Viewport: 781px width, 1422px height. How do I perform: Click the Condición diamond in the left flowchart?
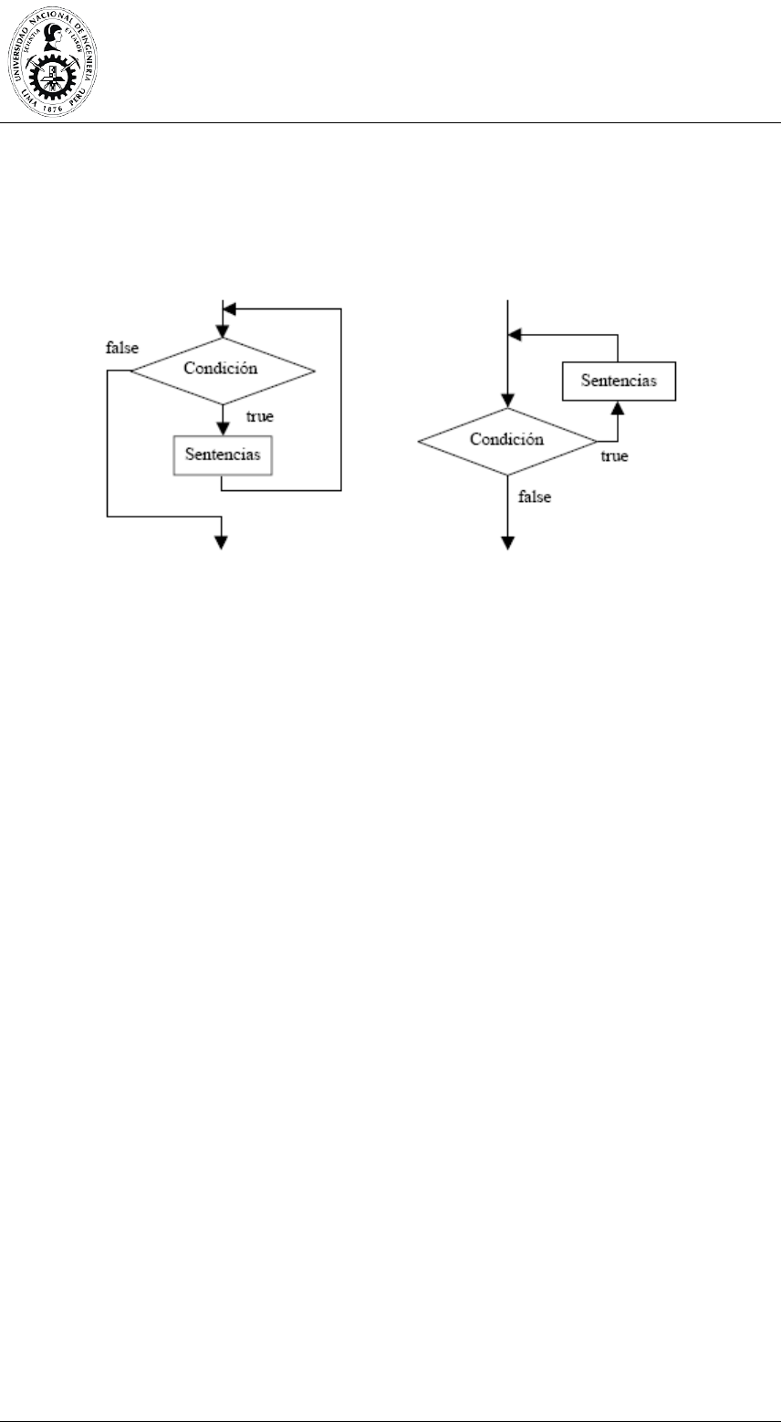(x=223, y=370)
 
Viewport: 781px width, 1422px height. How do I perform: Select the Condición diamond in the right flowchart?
(x=507, y=441)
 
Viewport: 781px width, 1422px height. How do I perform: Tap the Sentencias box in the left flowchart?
(x=223, y=454)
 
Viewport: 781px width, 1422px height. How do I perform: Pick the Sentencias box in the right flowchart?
(x=620, y=382)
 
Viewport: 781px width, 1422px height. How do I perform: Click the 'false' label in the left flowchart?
(x=120, y=348)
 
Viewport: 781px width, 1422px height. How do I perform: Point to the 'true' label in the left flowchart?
(x=261, y=416)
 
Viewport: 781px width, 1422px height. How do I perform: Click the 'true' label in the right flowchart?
(x=613, y=455)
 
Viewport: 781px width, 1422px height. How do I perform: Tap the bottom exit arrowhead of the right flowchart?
(x=508, y=542)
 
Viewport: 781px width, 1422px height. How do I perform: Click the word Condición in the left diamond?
(x=222, y=369)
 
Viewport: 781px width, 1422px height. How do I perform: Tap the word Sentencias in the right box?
(x=620, y=382)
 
